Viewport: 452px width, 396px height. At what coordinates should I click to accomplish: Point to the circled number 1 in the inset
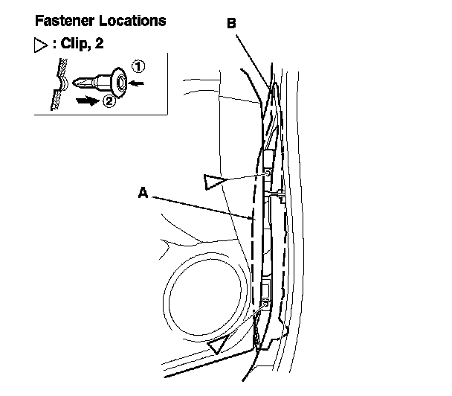tap(138, 66)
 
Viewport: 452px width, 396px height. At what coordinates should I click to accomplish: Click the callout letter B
tap(232, 24)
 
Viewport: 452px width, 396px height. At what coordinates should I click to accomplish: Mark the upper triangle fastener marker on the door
tap(217, 180)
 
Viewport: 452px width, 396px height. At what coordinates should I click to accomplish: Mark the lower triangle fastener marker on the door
tap(219, 344)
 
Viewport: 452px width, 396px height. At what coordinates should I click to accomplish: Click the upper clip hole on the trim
tap(266, 173)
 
